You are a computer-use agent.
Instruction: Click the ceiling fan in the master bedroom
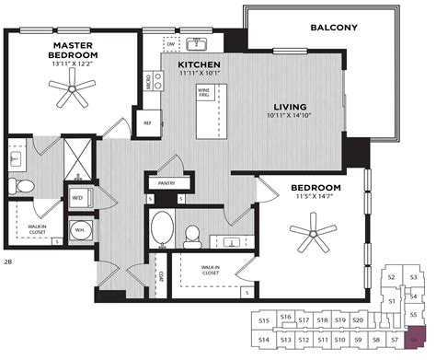point(72,89)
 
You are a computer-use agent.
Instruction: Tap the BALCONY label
point(335,28)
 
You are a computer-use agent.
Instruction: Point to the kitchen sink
point(198,43)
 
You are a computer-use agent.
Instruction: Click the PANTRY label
point(166,181)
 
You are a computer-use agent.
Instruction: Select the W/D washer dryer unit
point(78,197)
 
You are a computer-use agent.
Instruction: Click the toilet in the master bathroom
point(26,187)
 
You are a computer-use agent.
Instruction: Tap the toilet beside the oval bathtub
point(192,234)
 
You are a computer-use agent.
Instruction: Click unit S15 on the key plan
point(264,320)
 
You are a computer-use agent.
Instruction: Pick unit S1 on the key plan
point(392,301)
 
